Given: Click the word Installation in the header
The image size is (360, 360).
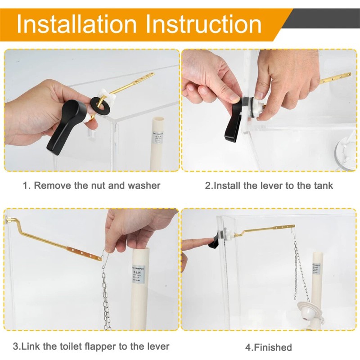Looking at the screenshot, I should point(77,23).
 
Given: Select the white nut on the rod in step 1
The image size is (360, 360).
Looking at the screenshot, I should point(104,94).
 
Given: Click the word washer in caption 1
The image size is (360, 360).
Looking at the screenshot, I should point(145,185).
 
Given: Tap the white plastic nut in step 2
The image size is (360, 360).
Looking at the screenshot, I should point(256,105).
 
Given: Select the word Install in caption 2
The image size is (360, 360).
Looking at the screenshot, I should point(227,185).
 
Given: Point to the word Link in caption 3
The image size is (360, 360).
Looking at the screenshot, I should point(30,346).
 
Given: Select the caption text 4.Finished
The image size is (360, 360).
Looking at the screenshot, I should point(268,347).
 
